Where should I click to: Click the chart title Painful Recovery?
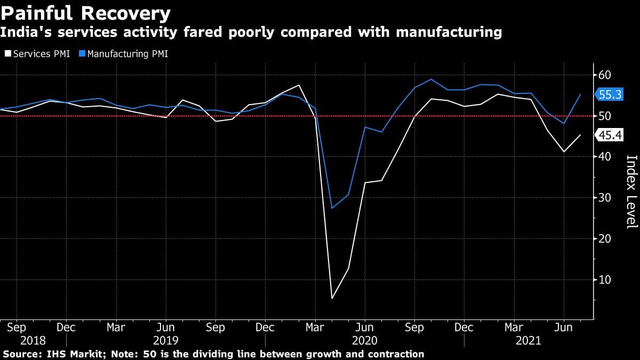pos(85,13)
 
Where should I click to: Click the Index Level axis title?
pos(631,192)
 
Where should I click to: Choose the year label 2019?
pos(165,341)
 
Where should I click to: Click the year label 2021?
pos(528,341)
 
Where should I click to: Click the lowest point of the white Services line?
pos(332,298)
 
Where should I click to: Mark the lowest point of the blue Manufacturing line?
pos(332,208)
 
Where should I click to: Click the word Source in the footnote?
pos(21,354)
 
